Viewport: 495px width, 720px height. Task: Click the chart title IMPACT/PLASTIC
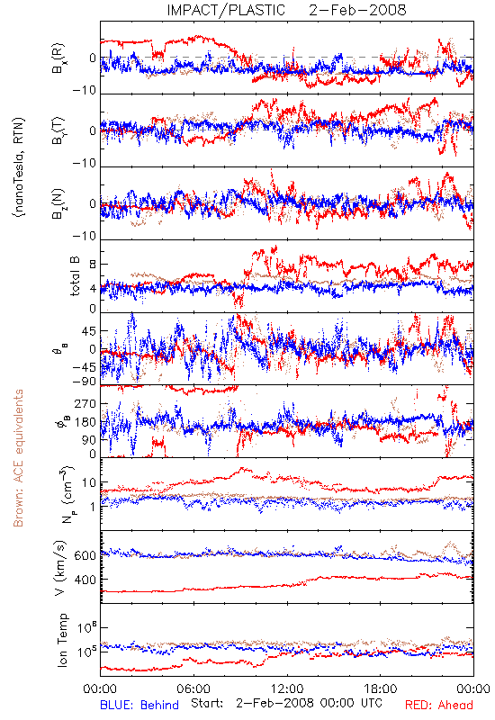pos(226,10)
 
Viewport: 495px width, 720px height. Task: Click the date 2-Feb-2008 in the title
pos(357,10)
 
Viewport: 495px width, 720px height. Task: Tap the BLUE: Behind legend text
pos(139,705)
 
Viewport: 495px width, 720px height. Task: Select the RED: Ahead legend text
pos(439,705)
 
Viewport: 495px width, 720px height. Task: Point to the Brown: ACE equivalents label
pos(18,458)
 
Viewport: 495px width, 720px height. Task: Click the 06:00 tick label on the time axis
pos(193,688)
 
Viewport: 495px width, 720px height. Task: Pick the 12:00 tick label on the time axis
pos(287,688)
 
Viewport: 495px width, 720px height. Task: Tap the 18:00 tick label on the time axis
pos(381,688)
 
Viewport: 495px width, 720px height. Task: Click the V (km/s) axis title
pos(60,568)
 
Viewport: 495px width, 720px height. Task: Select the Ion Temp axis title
pos(62,640)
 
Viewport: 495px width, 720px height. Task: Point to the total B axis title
pos(75,276)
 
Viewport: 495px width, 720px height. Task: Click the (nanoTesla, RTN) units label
pos(19,167)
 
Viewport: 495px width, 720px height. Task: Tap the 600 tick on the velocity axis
pos(85,555)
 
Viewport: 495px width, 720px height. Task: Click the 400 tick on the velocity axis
pos(85,580)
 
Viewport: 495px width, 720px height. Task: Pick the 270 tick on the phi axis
pos(85,403)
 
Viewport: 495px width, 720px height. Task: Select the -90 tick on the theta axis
pos(84,382)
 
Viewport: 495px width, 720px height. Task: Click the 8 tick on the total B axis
pos(93,264)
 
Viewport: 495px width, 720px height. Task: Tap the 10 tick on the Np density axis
pos(89,483)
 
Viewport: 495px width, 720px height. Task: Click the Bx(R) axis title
pos(59,58)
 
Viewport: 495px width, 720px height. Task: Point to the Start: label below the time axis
pos(207,703)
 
